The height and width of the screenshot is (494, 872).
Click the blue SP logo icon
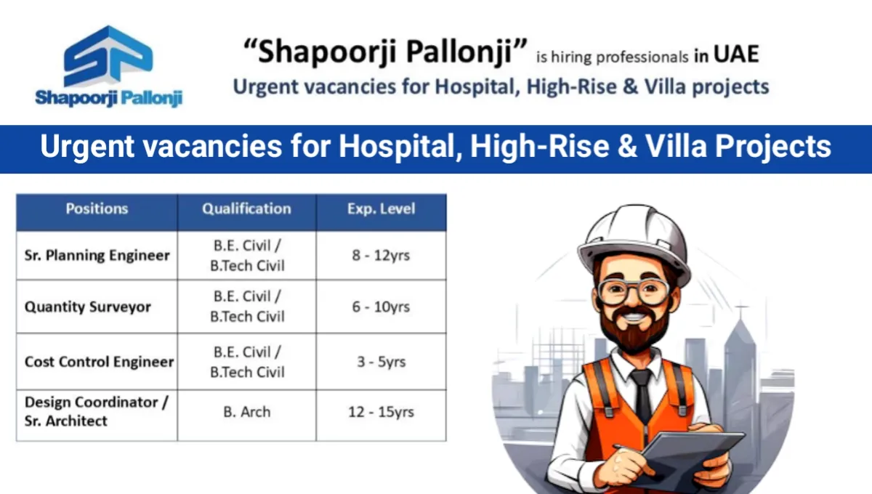(108, 56)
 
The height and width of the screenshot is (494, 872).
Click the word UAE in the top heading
(736, 54)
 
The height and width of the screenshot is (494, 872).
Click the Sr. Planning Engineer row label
(97, 256)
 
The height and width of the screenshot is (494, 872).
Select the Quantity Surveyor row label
(88, 307)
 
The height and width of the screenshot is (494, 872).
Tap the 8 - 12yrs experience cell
(381, 256)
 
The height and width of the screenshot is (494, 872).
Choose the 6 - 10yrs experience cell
(381, 307)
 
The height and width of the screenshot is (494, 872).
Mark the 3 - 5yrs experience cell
(381, 362)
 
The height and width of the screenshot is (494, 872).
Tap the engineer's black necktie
(642, 393)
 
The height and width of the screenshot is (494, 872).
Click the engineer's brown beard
(634, 330)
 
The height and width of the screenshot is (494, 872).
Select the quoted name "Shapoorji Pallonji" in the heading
(385, 52)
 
